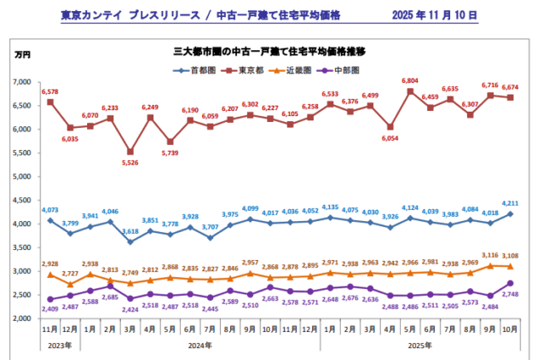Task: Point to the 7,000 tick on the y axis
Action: click(x=20, y=82)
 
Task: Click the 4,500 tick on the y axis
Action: click(x=20, y=200)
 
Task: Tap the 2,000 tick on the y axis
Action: click(x=20, y=318)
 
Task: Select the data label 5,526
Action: click(x=130, y=162)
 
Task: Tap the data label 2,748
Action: click(x=510, y=293)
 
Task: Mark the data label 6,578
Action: click(x=50, y=91)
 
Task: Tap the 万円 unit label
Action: click(x=22, y=55)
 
